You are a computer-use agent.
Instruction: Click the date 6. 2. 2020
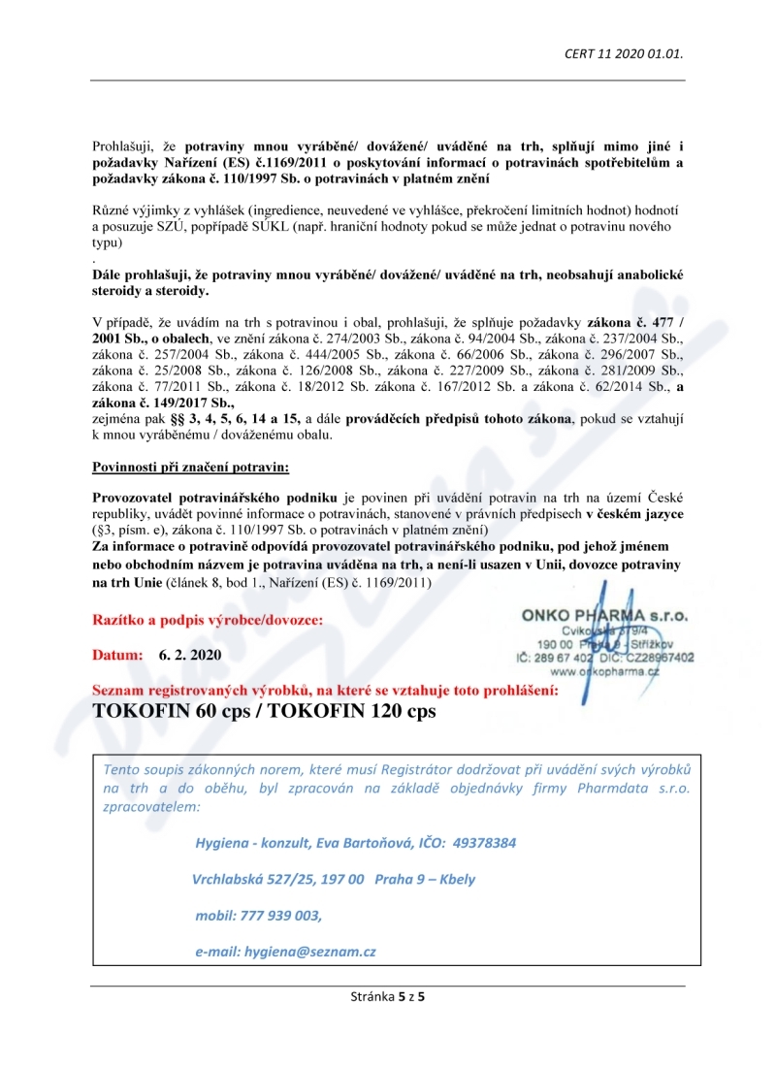[190, 655]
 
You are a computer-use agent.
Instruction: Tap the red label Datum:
[117, 655]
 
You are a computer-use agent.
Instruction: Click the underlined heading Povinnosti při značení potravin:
[190, 468]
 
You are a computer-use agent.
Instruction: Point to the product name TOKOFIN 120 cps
[353, 710]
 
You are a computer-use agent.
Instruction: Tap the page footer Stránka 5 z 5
[388, 996]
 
